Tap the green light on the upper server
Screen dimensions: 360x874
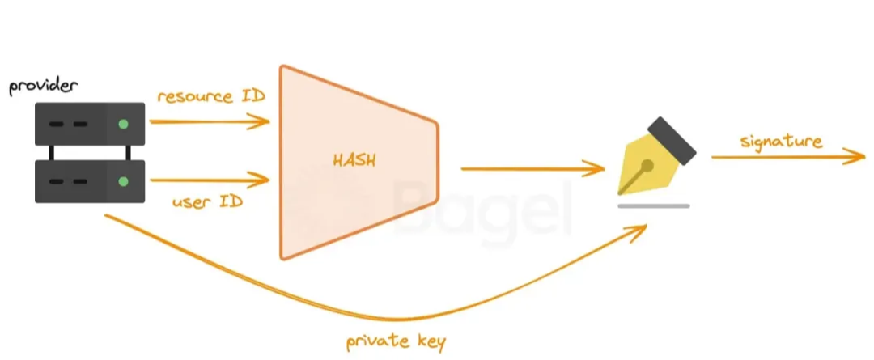(122, 124)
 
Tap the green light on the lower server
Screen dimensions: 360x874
(122, 180)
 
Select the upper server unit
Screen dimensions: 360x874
(89, 124)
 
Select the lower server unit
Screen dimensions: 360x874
(89, 181)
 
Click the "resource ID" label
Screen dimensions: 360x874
(211, 96)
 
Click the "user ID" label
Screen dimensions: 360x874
(207, 201)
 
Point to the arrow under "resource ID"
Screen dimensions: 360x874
(210, 122)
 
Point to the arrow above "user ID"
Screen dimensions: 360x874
(210, 178)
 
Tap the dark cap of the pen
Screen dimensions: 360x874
(672, 139)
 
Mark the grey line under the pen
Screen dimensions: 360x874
(653, 205)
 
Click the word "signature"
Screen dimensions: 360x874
(781, 142)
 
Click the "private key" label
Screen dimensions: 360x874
(396, 342)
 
